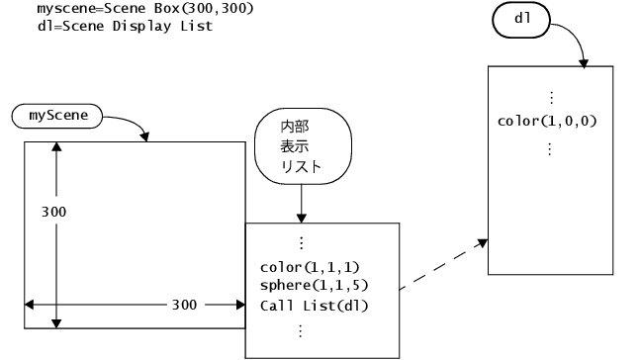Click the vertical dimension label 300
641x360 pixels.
[x=55, y=213]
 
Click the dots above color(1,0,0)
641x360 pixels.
[x=550, y=99]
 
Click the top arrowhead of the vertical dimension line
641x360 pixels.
[x=56, y=147]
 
